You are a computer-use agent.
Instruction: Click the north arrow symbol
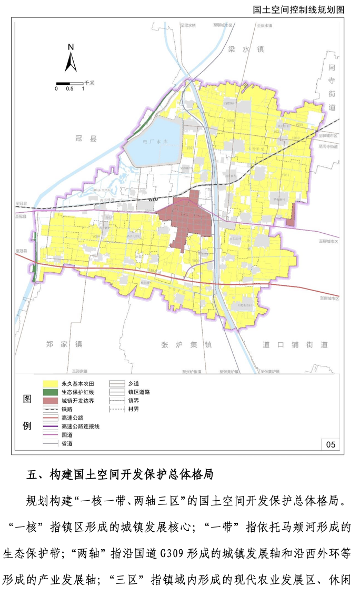[x=71, y=59]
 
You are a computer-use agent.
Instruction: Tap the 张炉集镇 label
[x=186, y=345]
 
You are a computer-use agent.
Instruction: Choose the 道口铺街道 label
[x=295, y=345]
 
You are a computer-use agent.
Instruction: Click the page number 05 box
[x=330, y=445]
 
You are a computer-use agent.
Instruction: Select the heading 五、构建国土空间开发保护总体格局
[x=120, y=474]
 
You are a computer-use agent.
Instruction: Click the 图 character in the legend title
[x=27, y=399]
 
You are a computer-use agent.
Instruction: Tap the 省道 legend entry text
[x=67, y=443]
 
